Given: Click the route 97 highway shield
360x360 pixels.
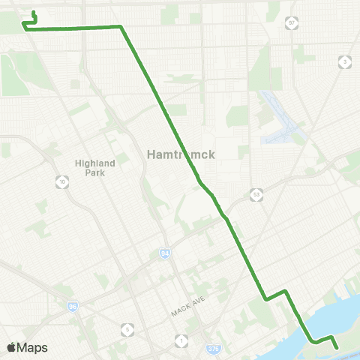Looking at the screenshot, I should coord(292,23).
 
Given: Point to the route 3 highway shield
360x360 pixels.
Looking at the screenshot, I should coord(343,62).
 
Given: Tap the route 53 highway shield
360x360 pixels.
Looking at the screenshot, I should coord(256,195).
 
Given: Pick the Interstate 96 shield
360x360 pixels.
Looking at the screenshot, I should coord(72,306).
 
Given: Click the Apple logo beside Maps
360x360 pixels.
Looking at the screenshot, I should coord(11,347).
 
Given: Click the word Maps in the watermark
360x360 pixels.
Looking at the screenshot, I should coord(33,347).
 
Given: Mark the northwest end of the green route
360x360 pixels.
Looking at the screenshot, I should coord(34,13).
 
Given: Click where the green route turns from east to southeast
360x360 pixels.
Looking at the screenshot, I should coord(120,27).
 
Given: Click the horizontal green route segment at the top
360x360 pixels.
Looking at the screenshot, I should coord(75,28).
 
